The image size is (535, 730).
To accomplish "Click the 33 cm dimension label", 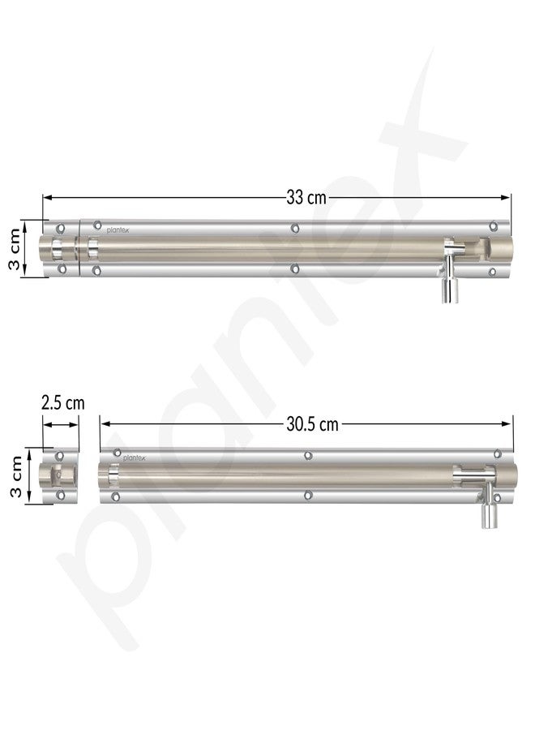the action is coord(306,198).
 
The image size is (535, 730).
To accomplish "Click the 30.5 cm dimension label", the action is coord(312,424).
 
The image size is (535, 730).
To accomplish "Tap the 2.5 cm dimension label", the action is coord(62,402).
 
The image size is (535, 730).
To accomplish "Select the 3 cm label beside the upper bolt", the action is coord(15,249).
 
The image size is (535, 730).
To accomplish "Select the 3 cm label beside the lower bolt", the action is coord(16,476).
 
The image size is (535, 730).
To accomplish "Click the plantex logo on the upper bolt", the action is coord(118,230).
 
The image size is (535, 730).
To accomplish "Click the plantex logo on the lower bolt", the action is coord(134,458).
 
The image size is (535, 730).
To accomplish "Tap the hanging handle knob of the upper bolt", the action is coord(450,291).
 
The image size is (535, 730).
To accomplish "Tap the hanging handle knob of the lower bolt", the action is coord(489,517).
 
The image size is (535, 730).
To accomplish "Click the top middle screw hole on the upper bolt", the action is coord(294,228).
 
